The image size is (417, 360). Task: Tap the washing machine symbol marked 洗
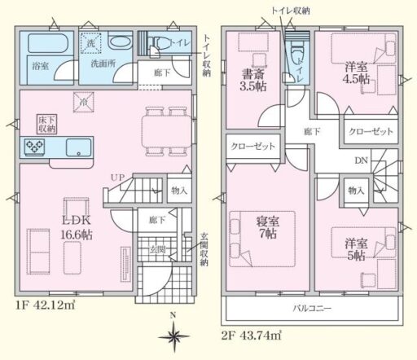90,43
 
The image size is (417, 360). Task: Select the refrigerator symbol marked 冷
84,102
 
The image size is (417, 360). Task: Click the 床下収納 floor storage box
47,124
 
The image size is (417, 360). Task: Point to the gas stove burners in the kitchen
34,147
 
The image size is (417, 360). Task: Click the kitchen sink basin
79,147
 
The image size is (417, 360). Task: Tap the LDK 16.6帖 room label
77,227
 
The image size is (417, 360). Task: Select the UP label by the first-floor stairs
117,178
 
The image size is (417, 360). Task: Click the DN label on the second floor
362,160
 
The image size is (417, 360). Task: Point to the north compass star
173,336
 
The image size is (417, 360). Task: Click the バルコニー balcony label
312,309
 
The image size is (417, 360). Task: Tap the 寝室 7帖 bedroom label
267,227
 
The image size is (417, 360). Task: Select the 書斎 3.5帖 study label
253,80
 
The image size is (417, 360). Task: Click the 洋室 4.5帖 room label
356,72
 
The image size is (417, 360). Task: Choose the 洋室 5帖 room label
356,249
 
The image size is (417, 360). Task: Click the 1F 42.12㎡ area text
45,305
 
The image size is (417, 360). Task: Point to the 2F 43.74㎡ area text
251,336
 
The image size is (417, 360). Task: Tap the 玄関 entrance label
157,250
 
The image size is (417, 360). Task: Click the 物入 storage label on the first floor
179,191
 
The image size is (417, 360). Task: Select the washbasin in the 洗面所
121,42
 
